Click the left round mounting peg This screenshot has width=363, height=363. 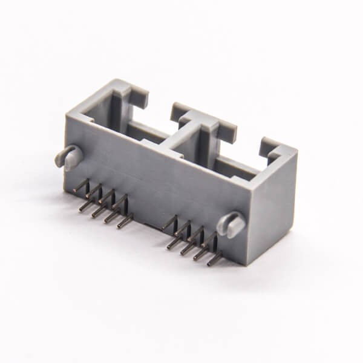point(68,157)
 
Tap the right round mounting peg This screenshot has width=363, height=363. point(232,224)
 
